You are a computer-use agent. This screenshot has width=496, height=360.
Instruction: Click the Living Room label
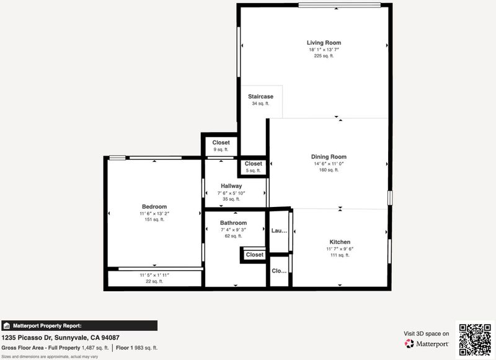pyautogui.click(x=324, y=43)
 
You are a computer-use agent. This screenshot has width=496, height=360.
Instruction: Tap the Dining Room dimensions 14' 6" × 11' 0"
pyautogui.click(x=329, y=164)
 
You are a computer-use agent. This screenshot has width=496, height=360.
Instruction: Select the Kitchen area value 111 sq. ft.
pyautogui.click(x=340, y=255)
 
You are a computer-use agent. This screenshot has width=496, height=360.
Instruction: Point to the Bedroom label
pyautogui.click(x=154, y=207)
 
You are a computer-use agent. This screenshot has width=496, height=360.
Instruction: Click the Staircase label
pyautogui.click(x=260, y=97)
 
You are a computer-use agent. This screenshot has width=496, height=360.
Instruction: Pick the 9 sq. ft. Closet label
pyautogui.click(x=221, y=143)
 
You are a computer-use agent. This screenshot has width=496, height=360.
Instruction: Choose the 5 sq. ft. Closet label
pyautogui.click(x=253, y=164)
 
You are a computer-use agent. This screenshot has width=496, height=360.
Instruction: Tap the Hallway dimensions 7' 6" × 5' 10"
pyautogui.click(x=231, y=193)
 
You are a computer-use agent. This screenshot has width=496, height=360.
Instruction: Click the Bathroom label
pyautogui.click(x=234, y=223)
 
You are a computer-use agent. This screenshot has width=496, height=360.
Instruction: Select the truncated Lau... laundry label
pyautogui.click(x=279, y=230)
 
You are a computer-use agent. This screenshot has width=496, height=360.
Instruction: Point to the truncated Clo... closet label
pyautogui.click(x=279, y=271)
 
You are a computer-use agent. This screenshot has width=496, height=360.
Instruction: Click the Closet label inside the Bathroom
pyautogui.click(x=255, y=255)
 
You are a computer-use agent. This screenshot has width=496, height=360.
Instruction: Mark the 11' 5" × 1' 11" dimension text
pyautogui.click(x=154, y=275)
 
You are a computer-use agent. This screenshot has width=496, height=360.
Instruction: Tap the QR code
pyautogui.click(x=475, y=340)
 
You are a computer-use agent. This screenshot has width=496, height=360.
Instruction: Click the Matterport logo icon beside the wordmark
pyautogui.click(x=409, y=343)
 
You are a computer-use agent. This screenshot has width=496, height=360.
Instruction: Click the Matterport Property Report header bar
pyautogui.click(x=79, y=325)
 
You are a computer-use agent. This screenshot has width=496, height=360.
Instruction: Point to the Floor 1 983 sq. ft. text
pyautogui.click(x=136, y=348)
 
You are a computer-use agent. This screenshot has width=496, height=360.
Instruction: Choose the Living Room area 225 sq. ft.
pyautogui.click(x=324, y=56)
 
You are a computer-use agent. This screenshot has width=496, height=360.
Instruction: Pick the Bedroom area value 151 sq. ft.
pyautogui.click(x=154, y=220)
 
